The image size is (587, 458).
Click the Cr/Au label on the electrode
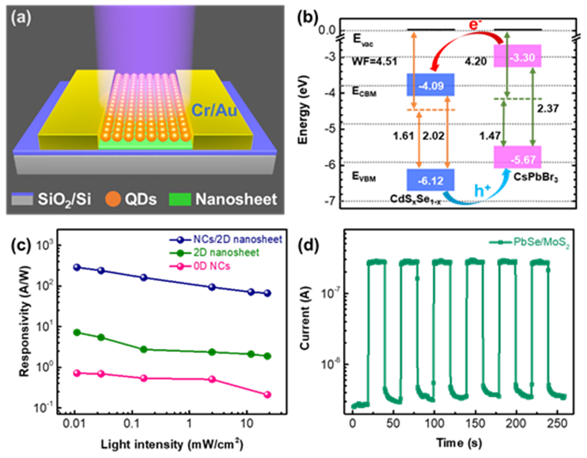point(214,110)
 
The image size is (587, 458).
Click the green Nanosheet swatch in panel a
point(180,199)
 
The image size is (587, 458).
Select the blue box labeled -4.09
point(430,85)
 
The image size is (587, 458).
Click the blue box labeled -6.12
point(430,180)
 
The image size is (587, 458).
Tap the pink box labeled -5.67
point(518,157)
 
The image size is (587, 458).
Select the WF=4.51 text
point(375,62)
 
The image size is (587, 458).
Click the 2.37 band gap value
point(547,109)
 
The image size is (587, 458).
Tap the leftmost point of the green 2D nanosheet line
point(77,333)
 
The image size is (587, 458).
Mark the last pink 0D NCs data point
point(267,395)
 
